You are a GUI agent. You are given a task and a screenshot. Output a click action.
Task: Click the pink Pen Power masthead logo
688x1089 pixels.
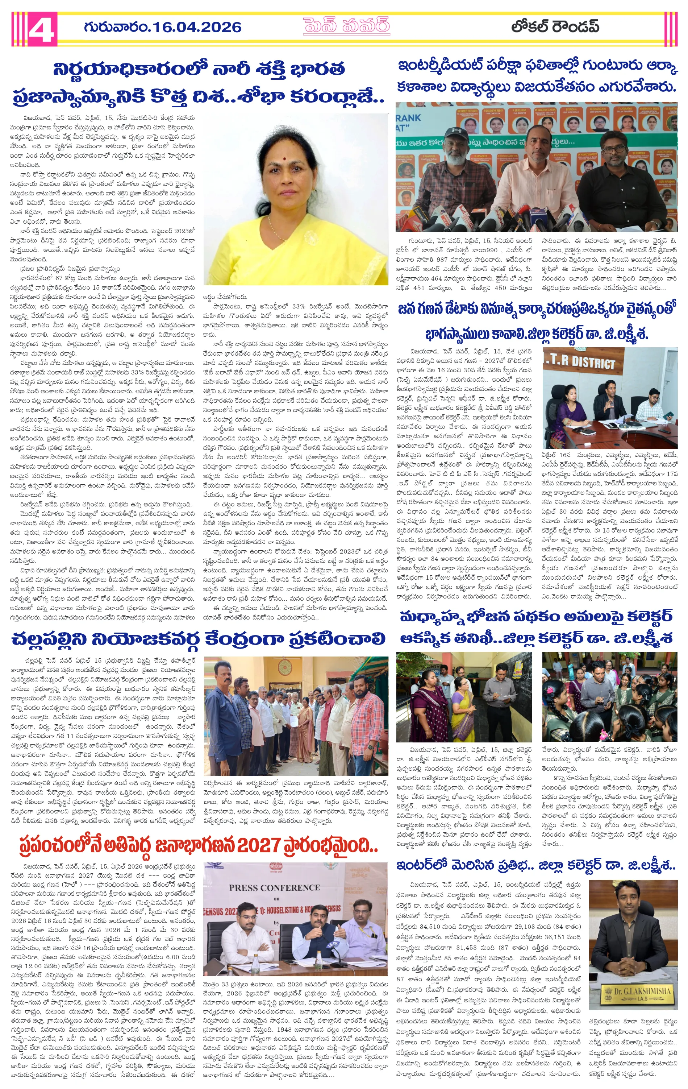(x=347, y=26)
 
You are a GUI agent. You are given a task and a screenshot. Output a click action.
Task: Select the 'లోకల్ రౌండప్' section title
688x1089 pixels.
(x=555, y=27)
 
